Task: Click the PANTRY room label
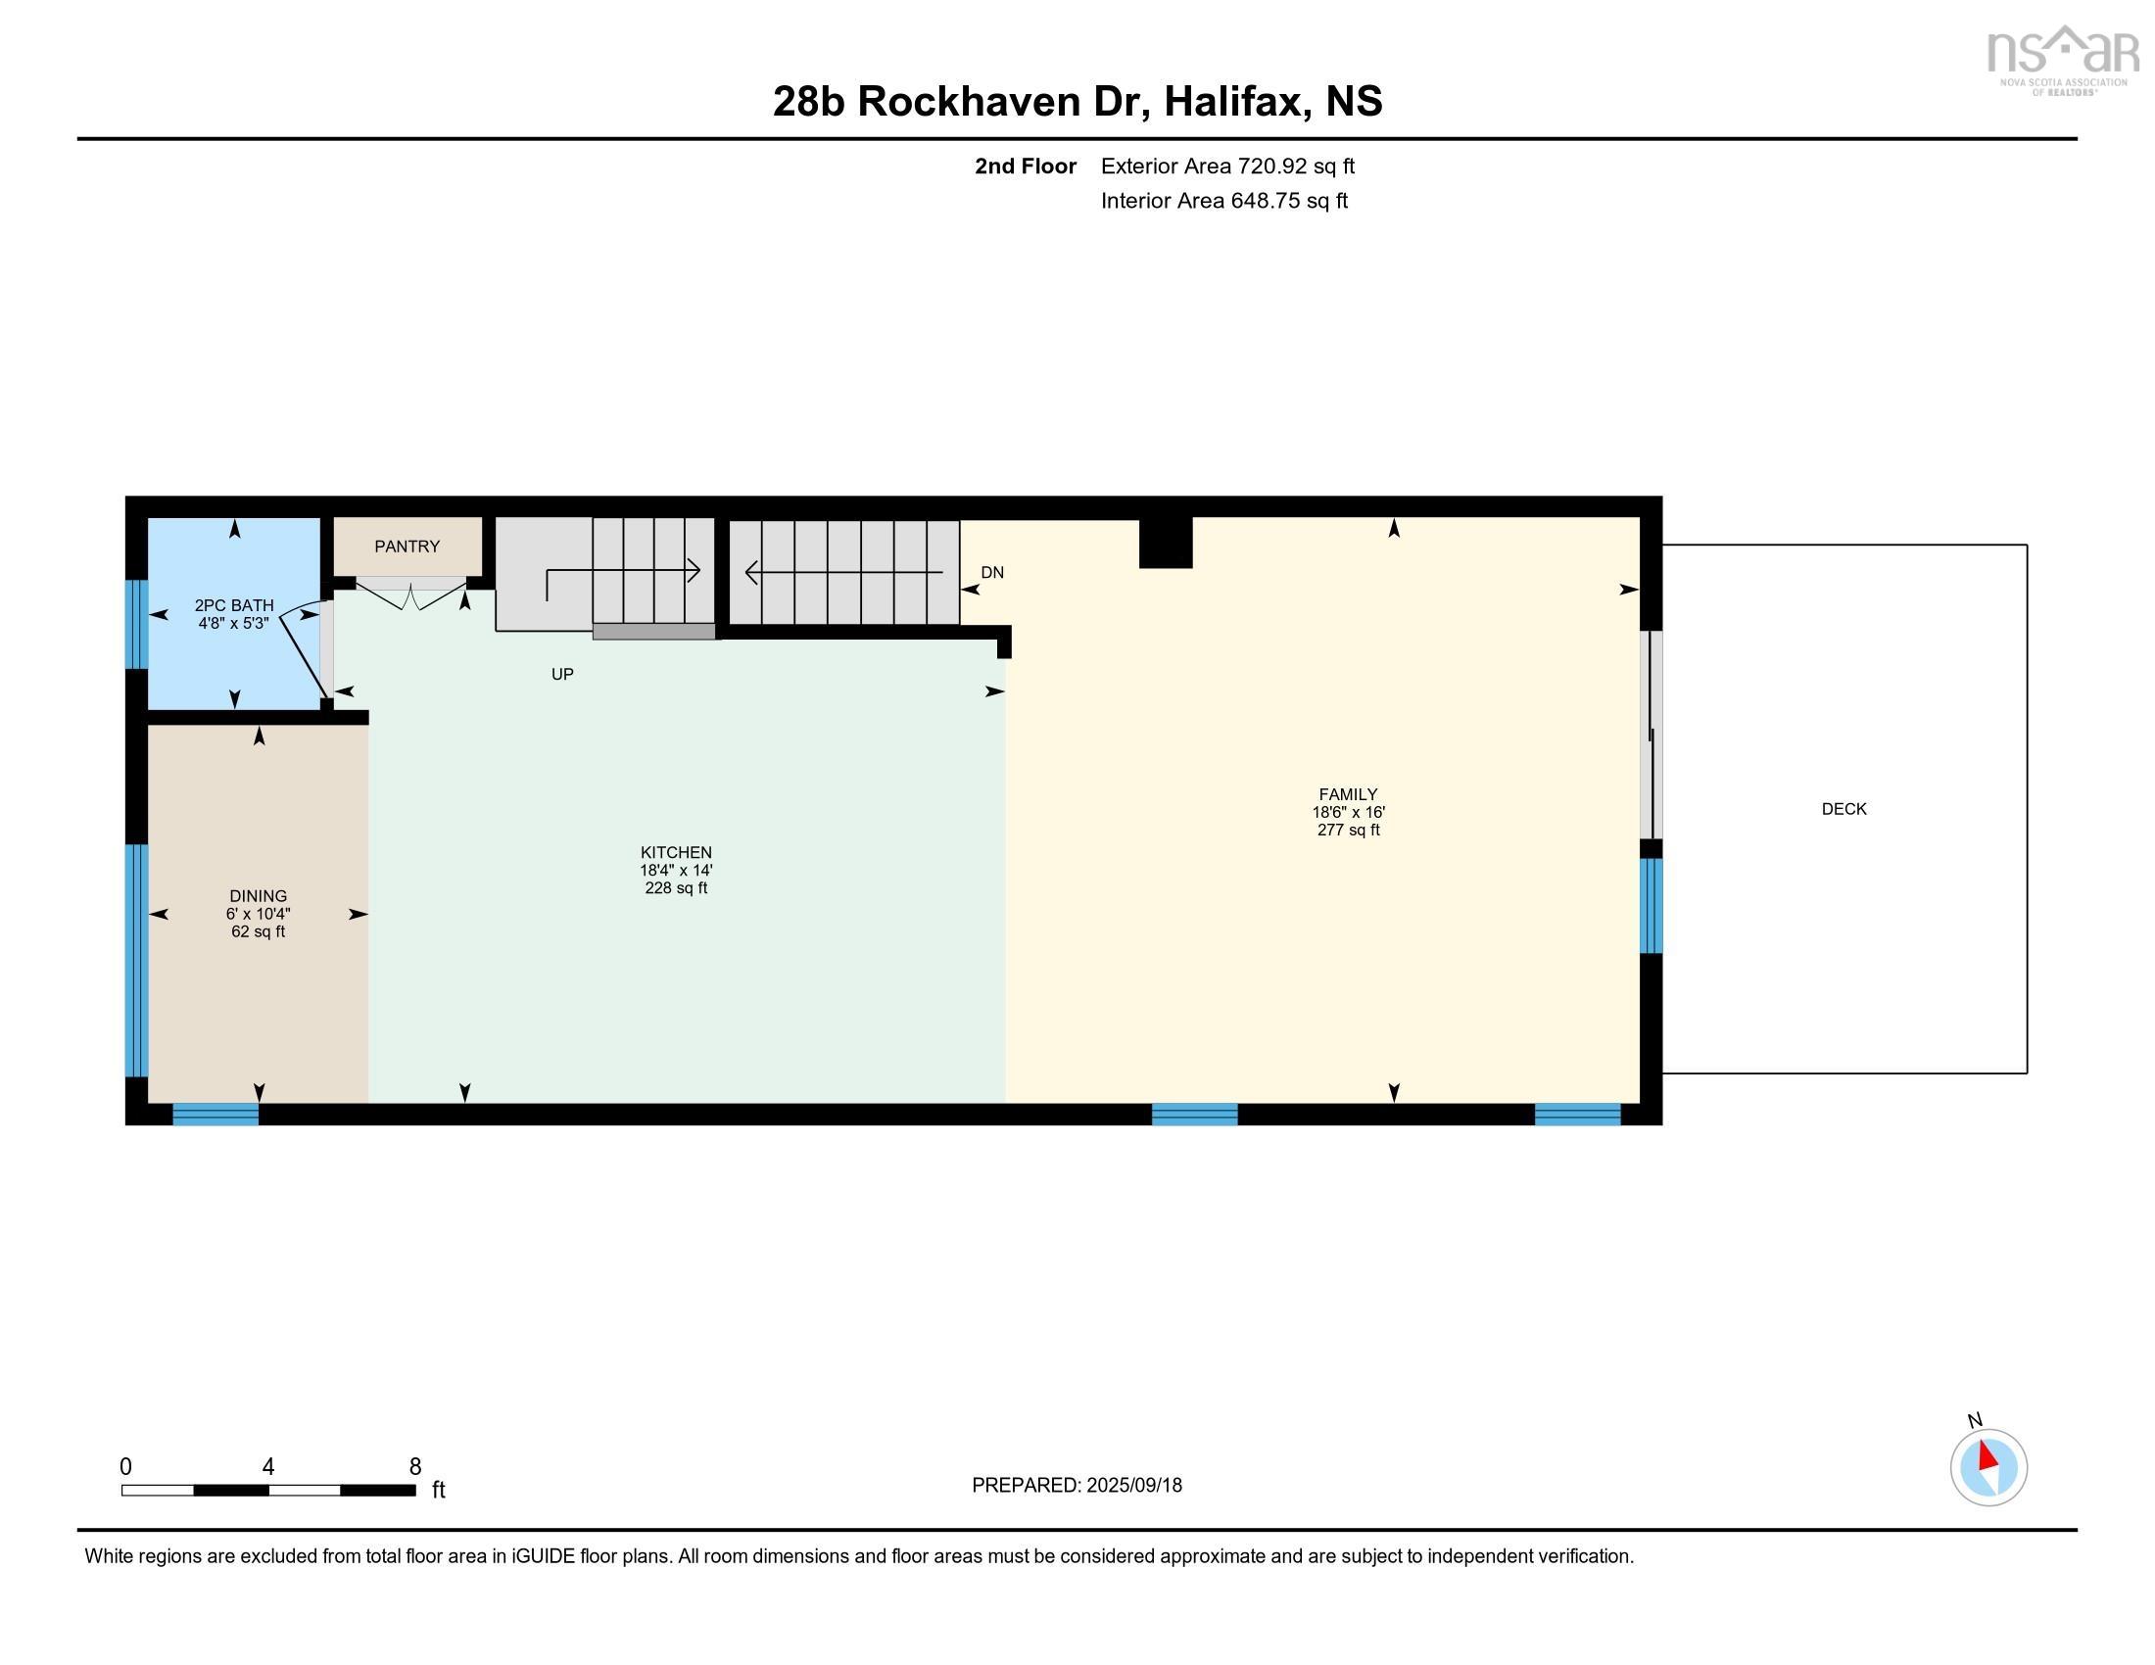[x=407, y=547]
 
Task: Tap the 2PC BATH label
[x=234, y=605]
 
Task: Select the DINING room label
[x=259, y=896]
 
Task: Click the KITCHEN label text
[x=676, y=852]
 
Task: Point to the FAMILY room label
[x=1348, y=794]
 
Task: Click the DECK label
[x=1844, y=809]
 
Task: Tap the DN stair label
[x=991, y=572]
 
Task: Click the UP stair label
[x=562, y=675]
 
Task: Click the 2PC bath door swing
[x=304, y=651]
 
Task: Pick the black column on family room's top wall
[x=1166, y=543]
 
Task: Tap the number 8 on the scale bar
[x=415, y=1467]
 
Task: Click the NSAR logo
[x=2062, y=58]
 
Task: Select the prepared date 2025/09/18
[x=1133, y=1486]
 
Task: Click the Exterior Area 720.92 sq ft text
[x=1227, y=166]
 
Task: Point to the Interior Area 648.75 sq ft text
[x=1223, y=201]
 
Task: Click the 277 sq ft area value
[x=1348, y=831]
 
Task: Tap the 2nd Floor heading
[x=1026, y=166]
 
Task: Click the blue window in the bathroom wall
[x=137, y=625]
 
